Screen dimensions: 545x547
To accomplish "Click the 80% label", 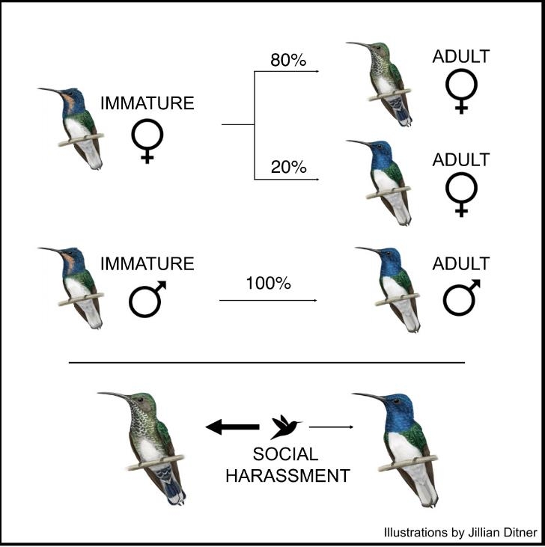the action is coord(288,60).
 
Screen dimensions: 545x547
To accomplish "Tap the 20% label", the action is coord(288,167).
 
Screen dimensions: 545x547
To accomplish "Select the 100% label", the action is coord(268,284).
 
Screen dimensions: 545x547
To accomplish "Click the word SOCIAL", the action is coord(285,454).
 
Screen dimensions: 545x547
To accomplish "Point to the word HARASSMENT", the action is coord(288,476).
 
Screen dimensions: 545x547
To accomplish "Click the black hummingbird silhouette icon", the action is coord(285,427).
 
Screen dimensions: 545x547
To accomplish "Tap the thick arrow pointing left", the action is coord(232,427).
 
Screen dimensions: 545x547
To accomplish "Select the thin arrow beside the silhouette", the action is coord(331,427).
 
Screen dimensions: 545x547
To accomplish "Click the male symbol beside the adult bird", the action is coord(462,298).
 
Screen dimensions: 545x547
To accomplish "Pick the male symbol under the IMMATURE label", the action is coord(147,299).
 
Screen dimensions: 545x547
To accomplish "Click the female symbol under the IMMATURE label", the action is coord(147,141).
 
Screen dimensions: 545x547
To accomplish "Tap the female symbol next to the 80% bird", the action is coord(461,91).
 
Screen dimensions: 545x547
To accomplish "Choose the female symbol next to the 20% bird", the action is coord(461,195).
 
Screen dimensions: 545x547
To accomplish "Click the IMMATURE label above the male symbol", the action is coord(147,263).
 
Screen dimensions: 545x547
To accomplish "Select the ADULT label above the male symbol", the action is coord(461,263).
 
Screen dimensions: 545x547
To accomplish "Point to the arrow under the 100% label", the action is coord(268,300).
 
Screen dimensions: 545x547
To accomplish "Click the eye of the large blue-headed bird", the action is coord(396,401).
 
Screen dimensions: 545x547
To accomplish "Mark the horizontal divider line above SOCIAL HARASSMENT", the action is coord(267,363).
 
